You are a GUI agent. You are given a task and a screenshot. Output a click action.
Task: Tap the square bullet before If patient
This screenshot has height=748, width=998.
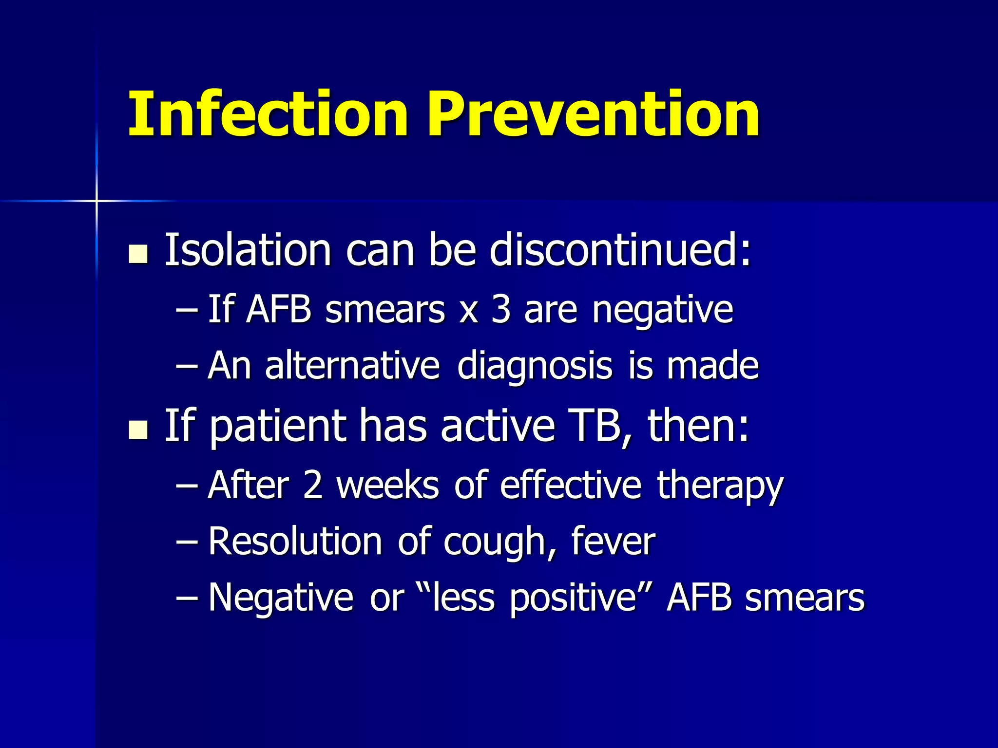tap(138, 430)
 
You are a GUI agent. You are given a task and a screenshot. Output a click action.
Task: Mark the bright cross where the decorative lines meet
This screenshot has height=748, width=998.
tap(96, 201)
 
